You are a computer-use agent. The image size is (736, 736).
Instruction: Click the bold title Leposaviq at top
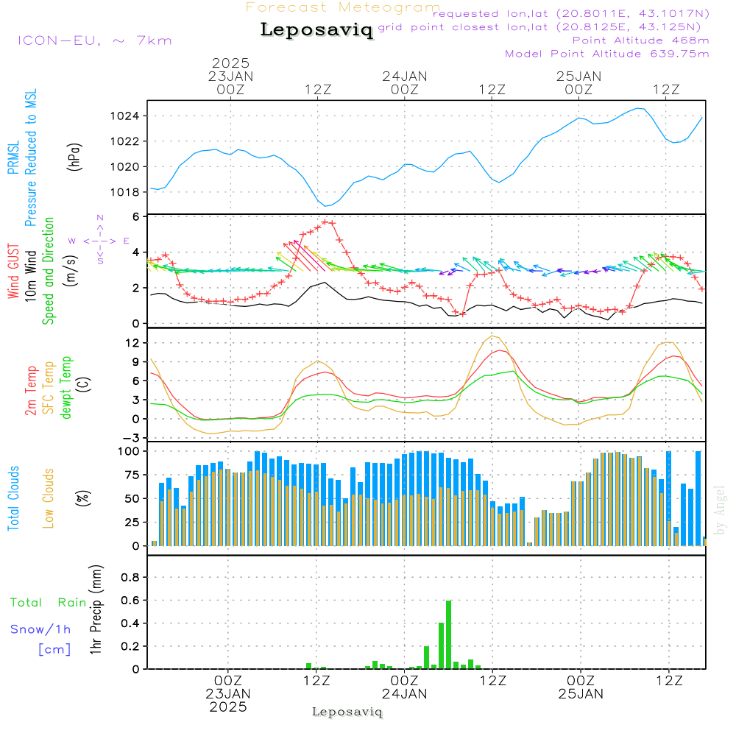tap(316, 30)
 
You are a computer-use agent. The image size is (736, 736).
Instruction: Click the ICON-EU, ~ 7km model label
tap(94, 40)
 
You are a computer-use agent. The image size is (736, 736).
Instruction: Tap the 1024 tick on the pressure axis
tap(126, 116)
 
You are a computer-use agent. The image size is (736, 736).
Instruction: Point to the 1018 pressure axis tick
tap(126, 192)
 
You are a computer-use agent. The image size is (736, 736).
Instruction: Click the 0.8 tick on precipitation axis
tap(130, 578)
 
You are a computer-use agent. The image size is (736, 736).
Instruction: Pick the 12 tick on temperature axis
tap(132, 343)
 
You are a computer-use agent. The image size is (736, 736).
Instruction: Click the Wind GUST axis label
tap(14, 272)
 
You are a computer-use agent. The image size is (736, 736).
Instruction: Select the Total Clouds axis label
tap(14, 498)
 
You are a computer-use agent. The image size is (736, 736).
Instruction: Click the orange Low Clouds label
tap(49, 498)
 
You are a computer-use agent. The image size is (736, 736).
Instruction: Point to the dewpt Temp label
tap(67, 388)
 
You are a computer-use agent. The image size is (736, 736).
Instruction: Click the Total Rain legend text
tap(49, 603)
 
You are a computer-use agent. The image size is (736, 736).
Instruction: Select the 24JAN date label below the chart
tap(404, 693)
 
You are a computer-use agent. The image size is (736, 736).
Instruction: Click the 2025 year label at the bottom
tap(228, 707)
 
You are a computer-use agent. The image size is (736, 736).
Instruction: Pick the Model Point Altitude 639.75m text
tap(607, 54)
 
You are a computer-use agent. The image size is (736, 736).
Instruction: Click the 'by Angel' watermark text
tap(720, 510)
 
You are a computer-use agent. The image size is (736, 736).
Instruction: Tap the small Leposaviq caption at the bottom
tap(347, 712)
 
